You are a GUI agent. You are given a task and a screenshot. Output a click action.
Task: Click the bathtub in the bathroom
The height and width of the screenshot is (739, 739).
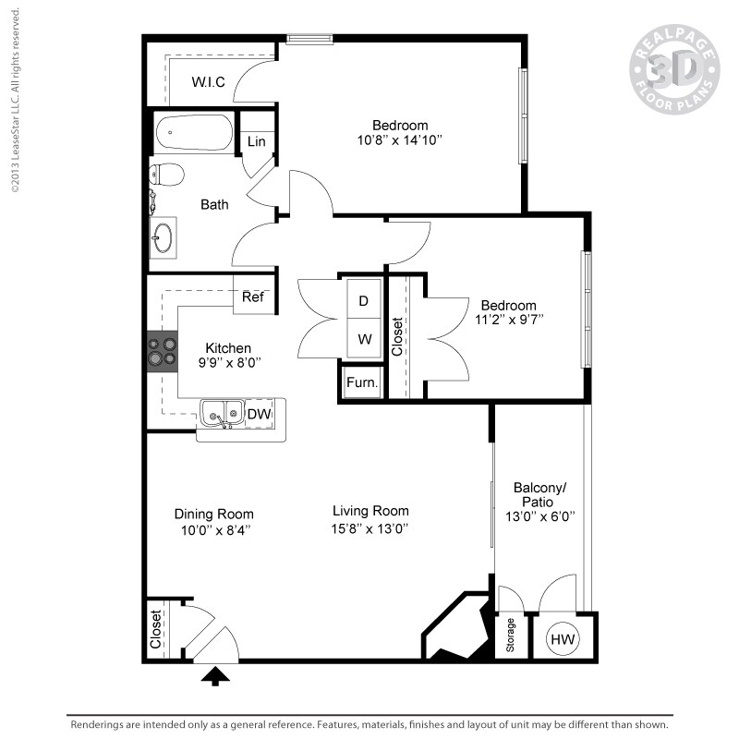[194, 133]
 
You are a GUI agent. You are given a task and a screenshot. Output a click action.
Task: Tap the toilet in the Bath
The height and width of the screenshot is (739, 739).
[167, 174]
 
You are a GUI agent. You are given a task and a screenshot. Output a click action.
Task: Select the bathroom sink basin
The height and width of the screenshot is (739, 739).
[164, 236]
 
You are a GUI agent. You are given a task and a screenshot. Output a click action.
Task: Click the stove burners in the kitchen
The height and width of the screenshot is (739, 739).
[163, 351]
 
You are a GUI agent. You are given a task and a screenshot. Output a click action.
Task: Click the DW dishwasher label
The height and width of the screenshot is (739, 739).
[259, 415]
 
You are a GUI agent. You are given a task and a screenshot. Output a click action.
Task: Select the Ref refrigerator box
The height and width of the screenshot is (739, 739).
[253, 297]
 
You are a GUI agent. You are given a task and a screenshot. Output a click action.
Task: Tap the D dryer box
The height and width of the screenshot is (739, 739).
[364, 301]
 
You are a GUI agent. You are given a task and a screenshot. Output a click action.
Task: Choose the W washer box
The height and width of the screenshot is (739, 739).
[364, 339]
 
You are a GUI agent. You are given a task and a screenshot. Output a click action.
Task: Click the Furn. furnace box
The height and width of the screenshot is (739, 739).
[360, 382]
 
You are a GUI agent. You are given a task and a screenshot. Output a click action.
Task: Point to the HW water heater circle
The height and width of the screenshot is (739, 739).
[562, 638]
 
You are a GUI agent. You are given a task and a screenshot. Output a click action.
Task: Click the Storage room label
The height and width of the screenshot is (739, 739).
[511, 637]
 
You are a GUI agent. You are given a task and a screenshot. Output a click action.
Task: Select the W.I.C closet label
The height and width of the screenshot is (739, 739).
[208, 82]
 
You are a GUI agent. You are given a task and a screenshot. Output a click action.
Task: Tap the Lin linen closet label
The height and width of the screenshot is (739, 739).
[256, 141]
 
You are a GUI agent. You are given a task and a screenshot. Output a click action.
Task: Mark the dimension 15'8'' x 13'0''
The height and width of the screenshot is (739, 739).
[371, 529]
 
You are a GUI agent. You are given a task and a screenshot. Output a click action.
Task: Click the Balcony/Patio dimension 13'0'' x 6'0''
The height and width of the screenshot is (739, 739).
[539, 517]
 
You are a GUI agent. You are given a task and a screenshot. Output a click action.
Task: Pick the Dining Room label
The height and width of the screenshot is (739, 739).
[213, 515]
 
